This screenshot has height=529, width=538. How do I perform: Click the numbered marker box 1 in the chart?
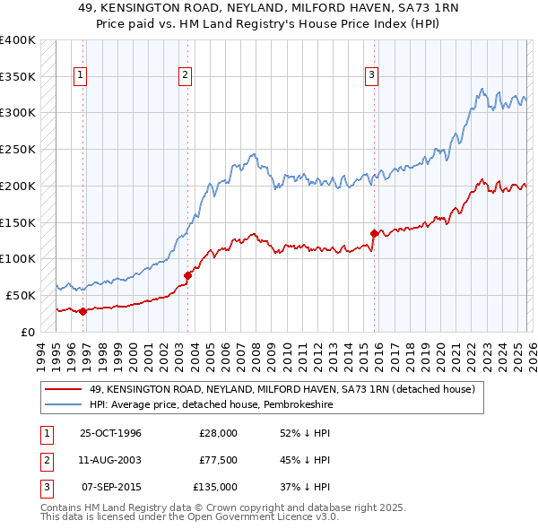81,76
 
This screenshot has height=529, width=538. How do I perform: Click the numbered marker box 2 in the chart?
186,76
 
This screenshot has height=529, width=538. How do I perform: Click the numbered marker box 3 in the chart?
371,76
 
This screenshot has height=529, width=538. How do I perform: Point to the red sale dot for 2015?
374,233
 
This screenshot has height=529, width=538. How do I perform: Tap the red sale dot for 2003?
187,275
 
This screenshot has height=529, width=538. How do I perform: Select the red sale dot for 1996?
82,311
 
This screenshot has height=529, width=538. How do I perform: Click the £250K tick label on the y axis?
18,150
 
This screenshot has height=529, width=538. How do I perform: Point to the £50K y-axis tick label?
21,295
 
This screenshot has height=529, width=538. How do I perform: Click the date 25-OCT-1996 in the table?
111,433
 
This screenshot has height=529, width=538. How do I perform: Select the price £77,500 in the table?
218,460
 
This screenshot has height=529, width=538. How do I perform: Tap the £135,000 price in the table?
215,487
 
